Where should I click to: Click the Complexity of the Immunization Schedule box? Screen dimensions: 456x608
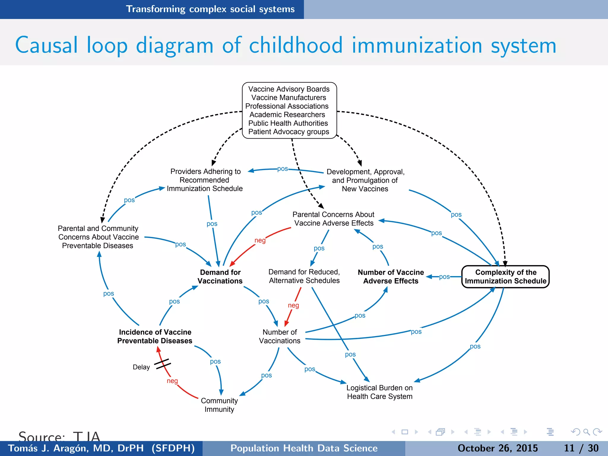click(505, 277)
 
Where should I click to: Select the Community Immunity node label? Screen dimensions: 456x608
click(219, 405)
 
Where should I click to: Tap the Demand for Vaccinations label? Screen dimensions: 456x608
click(220, 277)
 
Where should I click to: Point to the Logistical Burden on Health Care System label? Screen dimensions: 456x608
click(379, 392)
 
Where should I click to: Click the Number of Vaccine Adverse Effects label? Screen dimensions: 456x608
click(391, 277)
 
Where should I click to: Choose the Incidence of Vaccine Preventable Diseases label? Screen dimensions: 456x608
click(155, 336)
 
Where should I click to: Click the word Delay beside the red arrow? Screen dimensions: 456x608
click(141, 367)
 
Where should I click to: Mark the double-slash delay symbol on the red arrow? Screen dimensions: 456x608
click(163, 364)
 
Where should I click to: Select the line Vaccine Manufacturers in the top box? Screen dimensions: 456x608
click(289, 98)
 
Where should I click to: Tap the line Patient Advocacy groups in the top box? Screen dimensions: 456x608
click(289, 132)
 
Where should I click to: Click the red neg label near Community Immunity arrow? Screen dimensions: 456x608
click(172, 381)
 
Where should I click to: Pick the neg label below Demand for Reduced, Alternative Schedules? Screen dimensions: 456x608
click(293, 305)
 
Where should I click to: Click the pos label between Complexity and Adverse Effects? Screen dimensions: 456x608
click(444, 277)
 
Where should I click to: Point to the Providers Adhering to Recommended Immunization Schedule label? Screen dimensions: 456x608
click(205, 180)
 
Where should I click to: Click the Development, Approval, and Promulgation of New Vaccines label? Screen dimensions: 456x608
click(365, 180)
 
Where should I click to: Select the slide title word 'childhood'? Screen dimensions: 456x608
click(296, 45)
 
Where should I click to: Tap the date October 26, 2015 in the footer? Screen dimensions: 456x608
click(498, 448)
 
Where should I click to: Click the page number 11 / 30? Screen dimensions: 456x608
click(581, 448)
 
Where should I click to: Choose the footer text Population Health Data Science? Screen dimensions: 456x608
click(304, 448)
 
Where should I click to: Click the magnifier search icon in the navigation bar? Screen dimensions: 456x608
click(586, 432)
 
